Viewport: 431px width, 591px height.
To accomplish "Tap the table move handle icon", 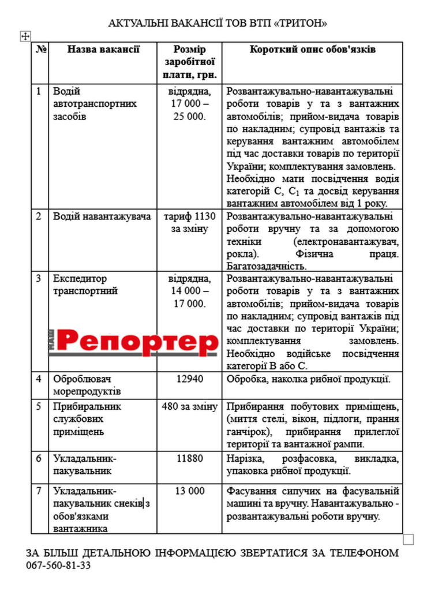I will pyautogui.click(x=25, y=36).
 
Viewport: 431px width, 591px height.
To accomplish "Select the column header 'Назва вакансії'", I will pyautogui.click(x=103, y=49).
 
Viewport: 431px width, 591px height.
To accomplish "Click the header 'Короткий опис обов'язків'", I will pyautogui.click(x=312, y=49).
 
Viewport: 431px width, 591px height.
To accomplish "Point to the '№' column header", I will pyautogui.click(x=41, y=49).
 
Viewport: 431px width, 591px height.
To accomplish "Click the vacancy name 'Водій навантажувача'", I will pyautogui.click(x=102, y=216).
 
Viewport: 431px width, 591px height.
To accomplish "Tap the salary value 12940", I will pyautogui.click(x=189, y=379).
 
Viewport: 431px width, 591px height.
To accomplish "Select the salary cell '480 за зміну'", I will pyautogui.click(x=189, y=406).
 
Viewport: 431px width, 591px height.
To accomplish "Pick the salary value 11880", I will pyautogui.click(x=189, y=458).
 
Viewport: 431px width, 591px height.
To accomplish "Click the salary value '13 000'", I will pyautogui.click(x=189, y=491).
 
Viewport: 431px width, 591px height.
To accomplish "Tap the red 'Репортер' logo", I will pyautogui.click(x=134, y=342).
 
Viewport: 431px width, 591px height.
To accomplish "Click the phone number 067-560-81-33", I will pyautogui.click(x=58, y=565).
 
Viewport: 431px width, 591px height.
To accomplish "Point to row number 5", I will pyautogui.click(x=39, y=406).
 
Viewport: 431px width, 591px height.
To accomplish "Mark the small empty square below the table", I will pyautogui.click(x=408, y=540).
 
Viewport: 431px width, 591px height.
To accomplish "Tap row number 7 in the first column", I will pyautogui.click(x=39, y=491).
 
